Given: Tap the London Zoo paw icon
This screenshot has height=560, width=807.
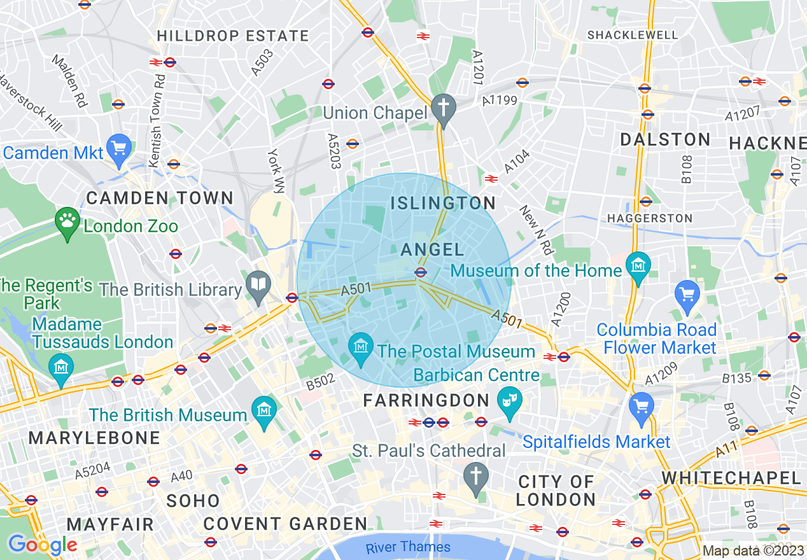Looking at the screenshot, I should (x=67, y=221).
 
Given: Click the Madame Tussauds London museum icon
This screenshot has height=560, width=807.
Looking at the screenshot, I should (x=60, y=367).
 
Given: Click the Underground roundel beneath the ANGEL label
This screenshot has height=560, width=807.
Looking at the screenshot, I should (x=420, y=272).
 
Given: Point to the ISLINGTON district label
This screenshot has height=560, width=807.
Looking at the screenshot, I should (x=443, y=204).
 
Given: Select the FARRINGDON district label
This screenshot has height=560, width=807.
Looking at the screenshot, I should (x=426, y=401).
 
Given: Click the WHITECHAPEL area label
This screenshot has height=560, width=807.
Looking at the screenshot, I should (x=731, y=478).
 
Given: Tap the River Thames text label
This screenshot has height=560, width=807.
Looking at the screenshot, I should (x=408, y=547).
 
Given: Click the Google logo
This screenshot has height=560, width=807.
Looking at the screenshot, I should (x=43, y=545).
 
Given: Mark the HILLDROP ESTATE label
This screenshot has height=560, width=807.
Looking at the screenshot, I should (x=233, y=36).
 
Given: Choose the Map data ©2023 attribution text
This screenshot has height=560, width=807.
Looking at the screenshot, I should (x=753, y=551).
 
